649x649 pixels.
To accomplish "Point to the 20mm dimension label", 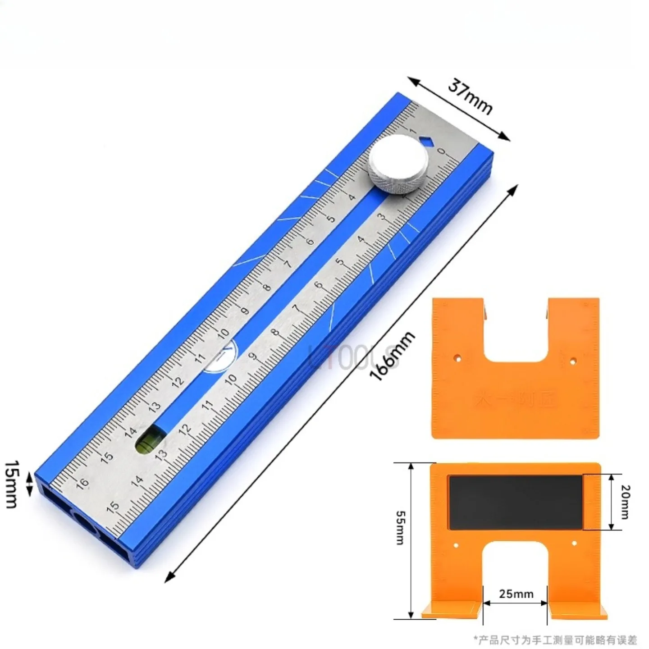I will click(x=625, y=502).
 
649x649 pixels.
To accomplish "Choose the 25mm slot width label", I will click(x=516, y=594).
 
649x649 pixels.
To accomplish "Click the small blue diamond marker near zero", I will click(x=426, y=141).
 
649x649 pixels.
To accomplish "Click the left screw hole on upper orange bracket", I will click(x=457, y=360).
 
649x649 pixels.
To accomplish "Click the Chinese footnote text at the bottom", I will click(x=555, y=639).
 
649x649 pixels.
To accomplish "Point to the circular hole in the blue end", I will click(x=85, y=524).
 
